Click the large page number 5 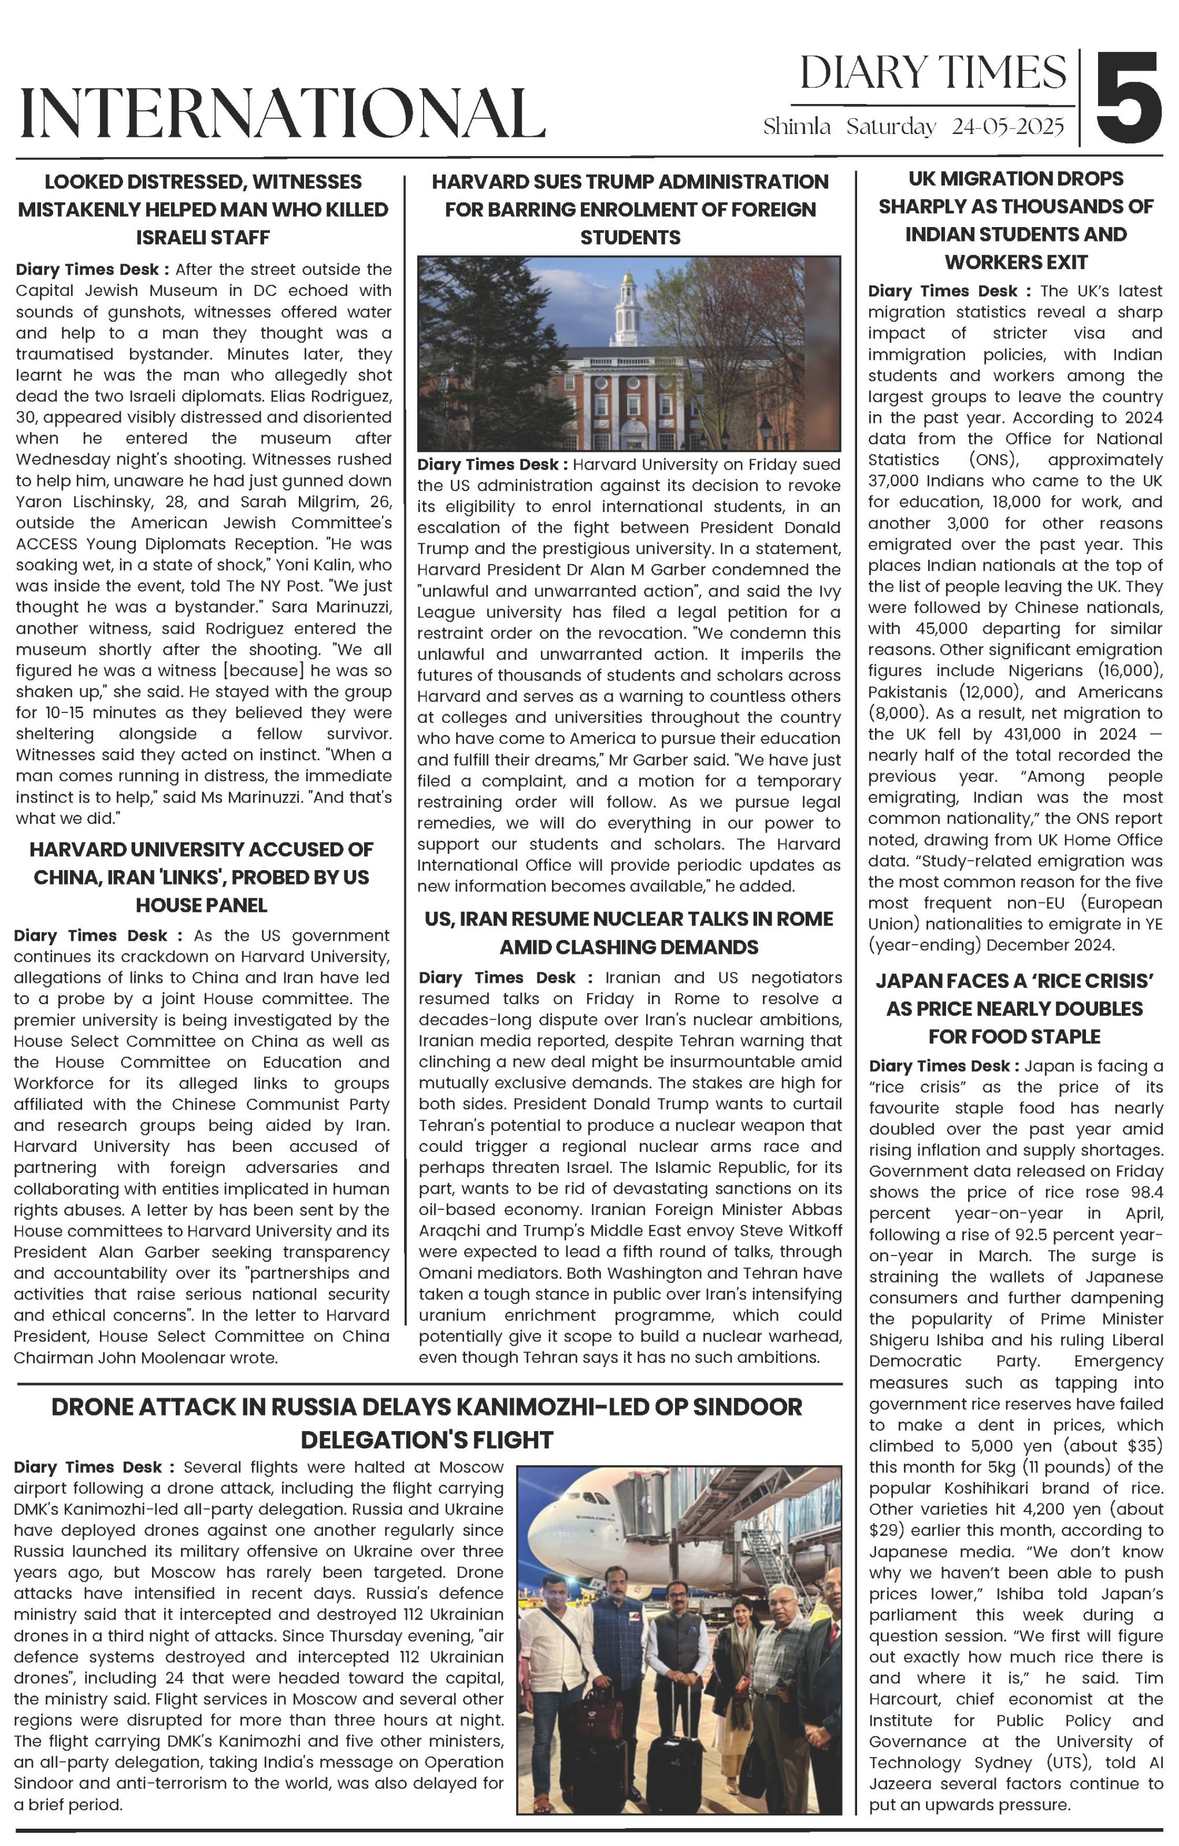(1128, 96)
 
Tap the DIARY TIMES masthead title (933, 73)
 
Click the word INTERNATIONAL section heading (282, 113)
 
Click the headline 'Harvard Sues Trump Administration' (629, 209)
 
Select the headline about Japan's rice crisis (1015, 1008)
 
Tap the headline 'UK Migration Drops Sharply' (1015, 221)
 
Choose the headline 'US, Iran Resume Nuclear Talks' (629, 932)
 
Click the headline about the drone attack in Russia (427, 1423)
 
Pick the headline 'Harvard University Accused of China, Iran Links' (202, 877)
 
